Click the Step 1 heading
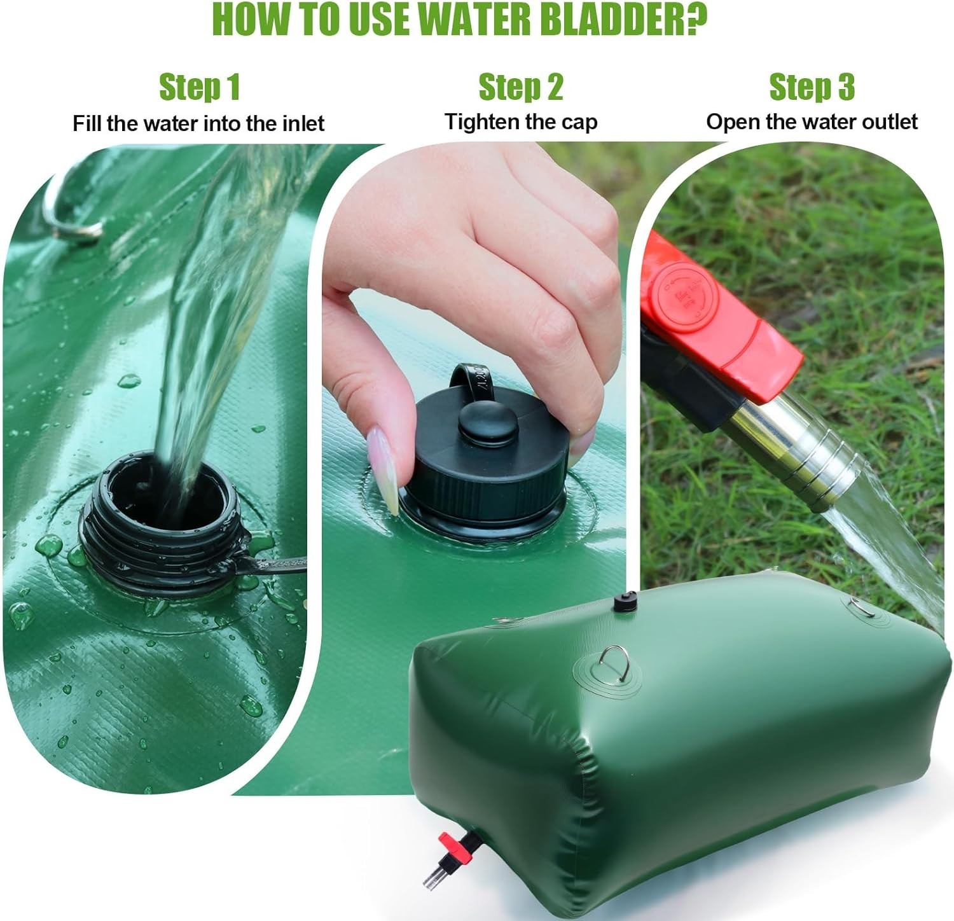pyautogui.click(x=199, y=87)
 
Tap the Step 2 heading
pyautogui.click(x=521, y=87)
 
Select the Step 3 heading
pyautogui.click(x=812, y=87)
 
